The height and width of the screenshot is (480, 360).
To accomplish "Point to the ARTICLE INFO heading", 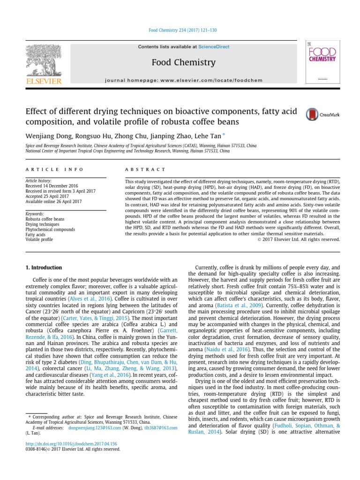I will click(x=54, y=169).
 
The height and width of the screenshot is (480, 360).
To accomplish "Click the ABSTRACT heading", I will click(x=145, y=169).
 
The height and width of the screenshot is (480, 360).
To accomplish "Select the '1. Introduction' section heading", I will click(x=43, y=268).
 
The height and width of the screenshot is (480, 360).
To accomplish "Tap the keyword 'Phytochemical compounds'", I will click(x=50, y=230).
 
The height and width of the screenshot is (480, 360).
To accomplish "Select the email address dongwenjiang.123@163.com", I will click(x=96, y=428).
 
